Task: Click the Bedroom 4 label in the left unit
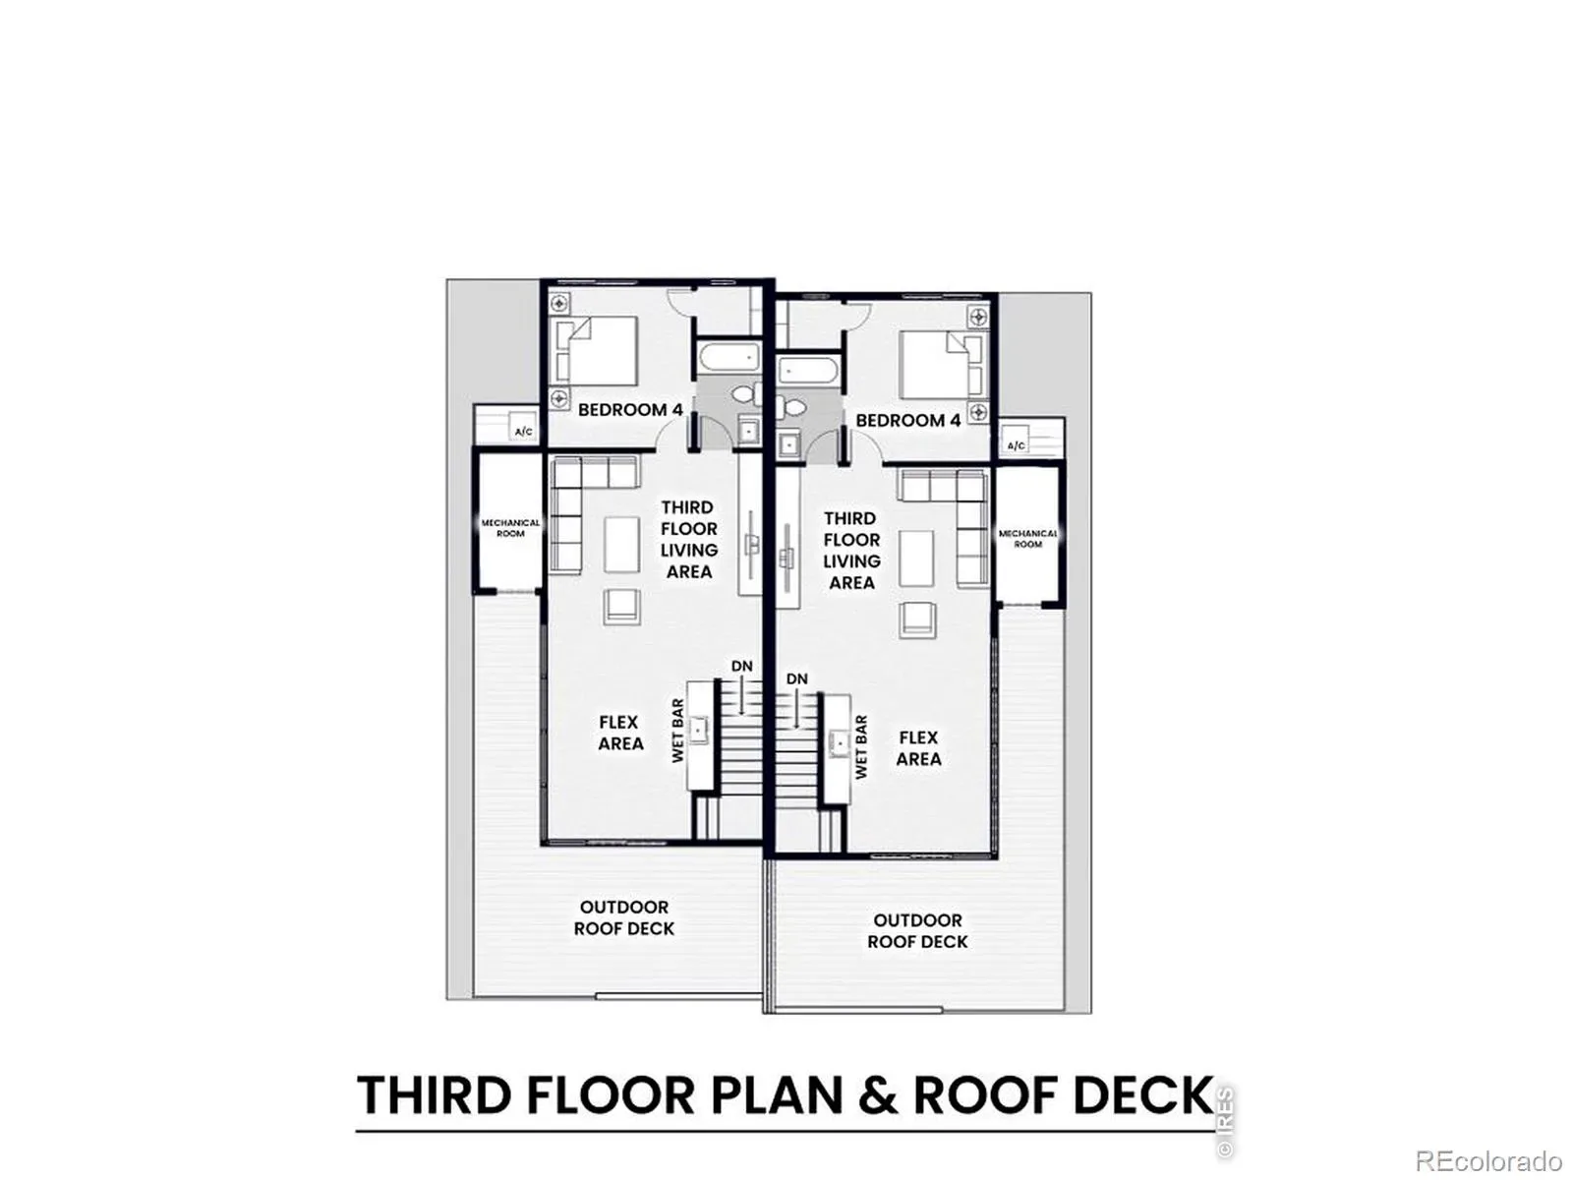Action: (630, 410)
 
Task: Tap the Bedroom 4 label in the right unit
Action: (907, 420)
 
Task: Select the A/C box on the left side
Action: (523, 427)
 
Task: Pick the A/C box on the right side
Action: (1016, 441)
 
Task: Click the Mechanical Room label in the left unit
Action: (510, 528)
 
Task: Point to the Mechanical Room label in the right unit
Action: (1027, 539)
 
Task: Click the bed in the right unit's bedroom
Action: (941, 365)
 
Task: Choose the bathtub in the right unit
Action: (806, 372)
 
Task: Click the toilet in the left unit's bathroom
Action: (747, 394)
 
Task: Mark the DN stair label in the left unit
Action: (741, 666)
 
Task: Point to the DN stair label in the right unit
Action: (797, 678)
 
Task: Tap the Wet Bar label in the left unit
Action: (678, 730)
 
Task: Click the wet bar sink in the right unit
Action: (838, 743)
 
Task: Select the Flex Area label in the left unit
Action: (620, 733)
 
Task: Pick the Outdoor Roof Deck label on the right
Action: (917, 930)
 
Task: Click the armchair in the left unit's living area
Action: (621, 607)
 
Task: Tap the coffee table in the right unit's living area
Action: (917, 558)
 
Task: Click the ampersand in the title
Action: (878, 1095)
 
